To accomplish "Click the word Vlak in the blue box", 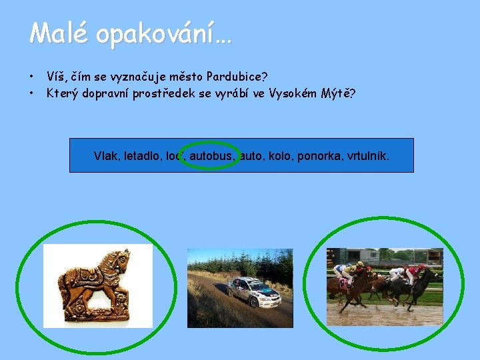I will point(106,156).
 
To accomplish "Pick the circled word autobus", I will point(211,156).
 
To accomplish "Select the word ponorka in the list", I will point(317,156).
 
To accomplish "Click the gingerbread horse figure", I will point(93,284).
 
